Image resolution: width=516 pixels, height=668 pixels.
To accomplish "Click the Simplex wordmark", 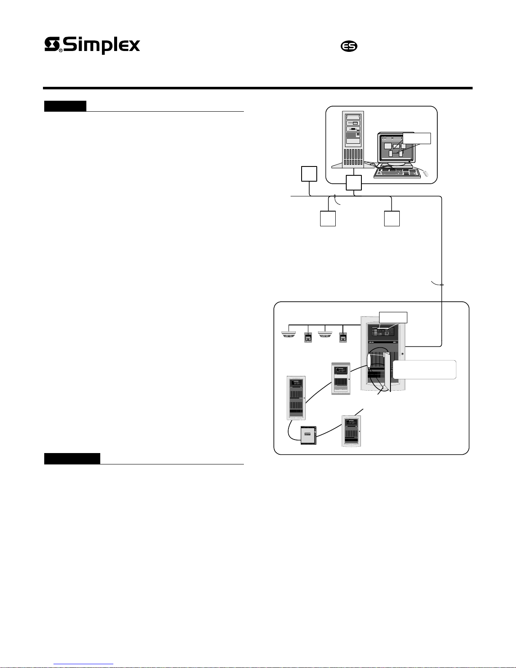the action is [x=93, y=46].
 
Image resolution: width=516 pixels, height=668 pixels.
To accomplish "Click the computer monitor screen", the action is [x=396, y=148].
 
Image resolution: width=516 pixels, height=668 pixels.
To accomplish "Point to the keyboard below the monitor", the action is [x=397, y=173].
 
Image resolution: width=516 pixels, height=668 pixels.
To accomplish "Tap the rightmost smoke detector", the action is [x=325, y=335].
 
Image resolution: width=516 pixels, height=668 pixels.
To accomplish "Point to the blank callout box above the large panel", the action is [x=393, y=317].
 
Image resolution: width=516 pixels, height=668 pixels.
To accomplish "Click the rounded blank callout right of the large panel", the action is [x=424, y=370].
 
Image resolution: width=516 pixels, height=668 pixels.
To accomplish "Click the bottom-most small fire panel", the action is [x=351, y=431].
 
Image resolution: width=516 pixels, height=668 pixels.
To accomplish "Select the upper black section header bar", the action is [x=65, y=106].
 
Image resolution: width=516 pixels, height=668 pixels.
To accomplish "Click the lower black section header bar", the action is [x=72, y=459].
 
